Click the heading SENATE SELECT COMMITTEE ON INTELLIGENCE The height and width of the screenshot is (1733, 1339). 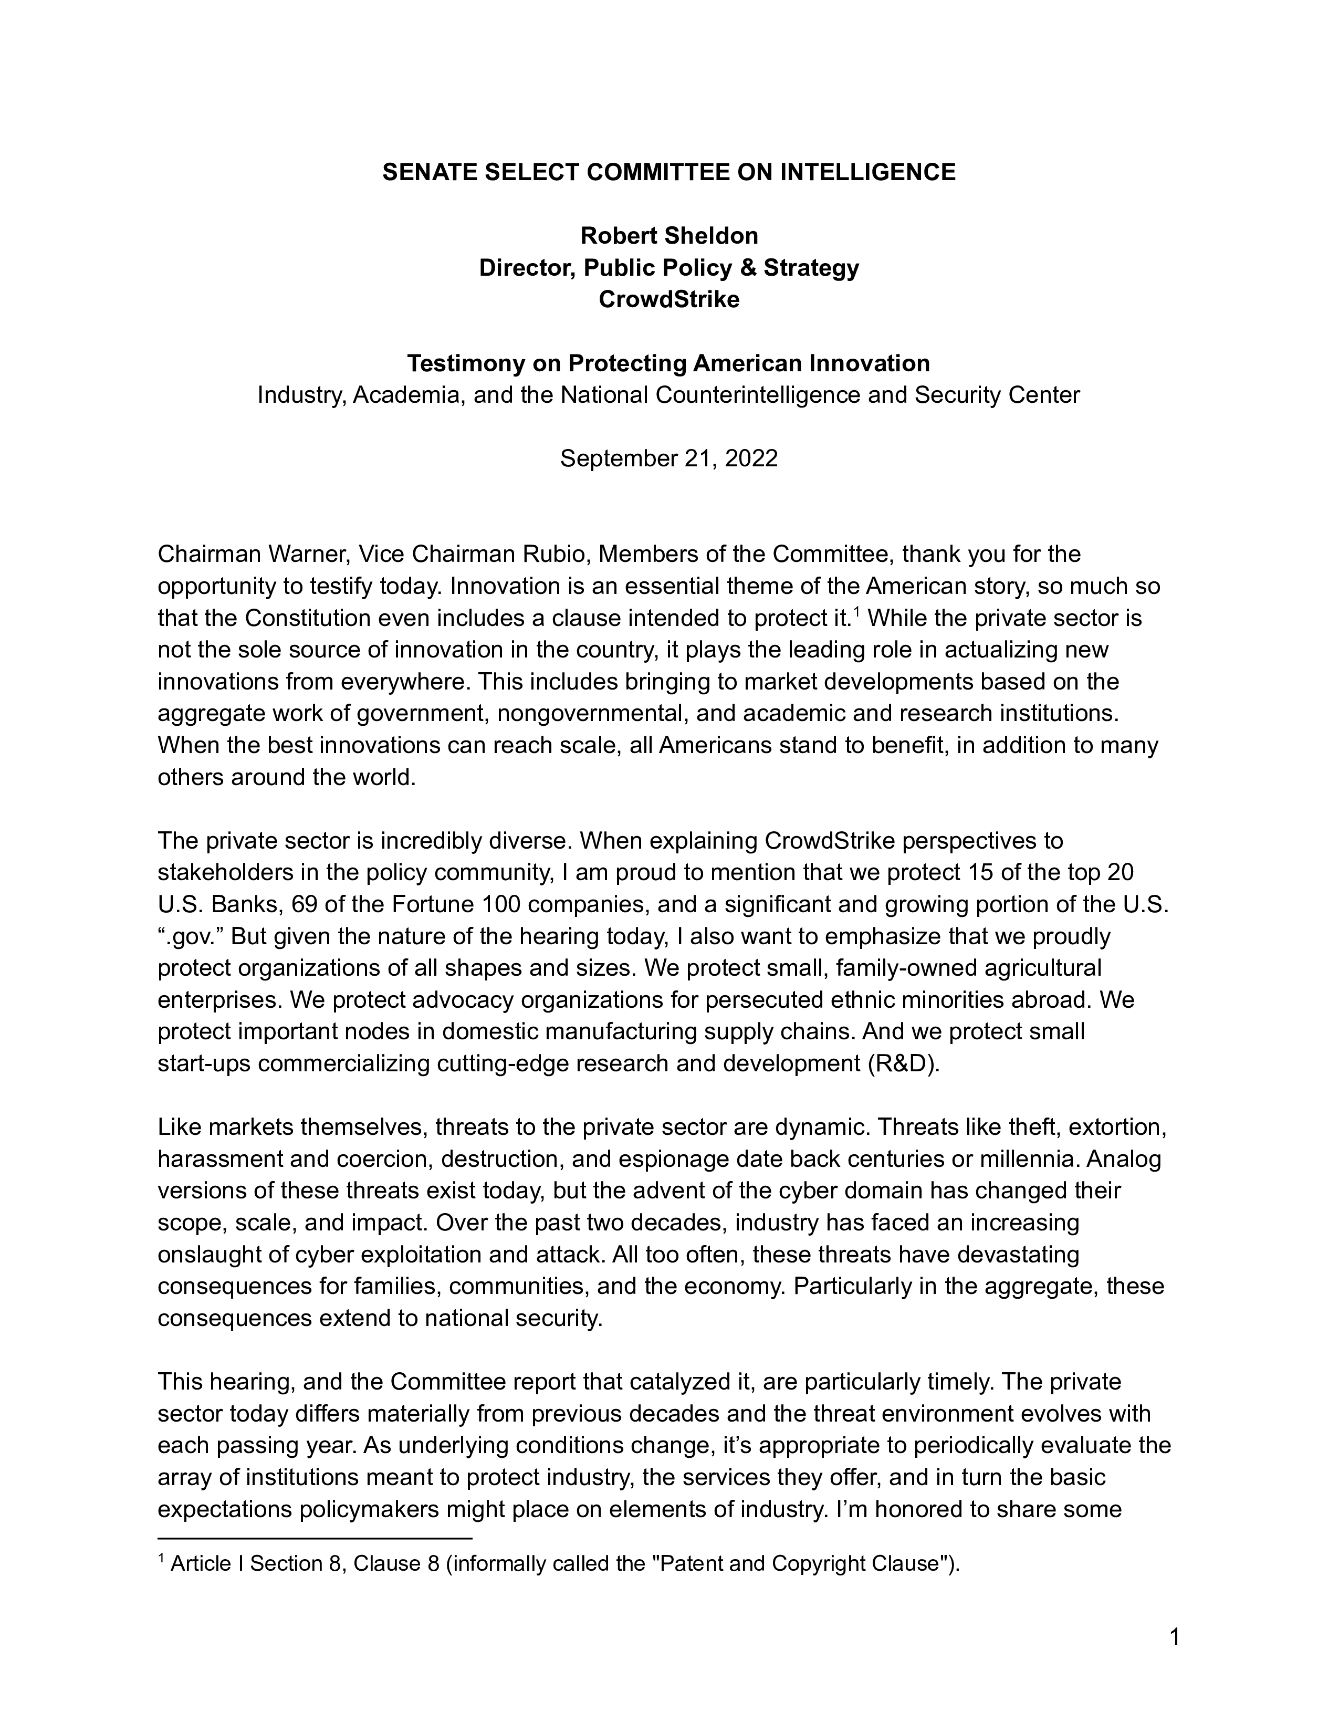click(668, 172)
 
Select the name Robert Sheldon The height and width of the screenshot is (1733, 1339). click(668, 236)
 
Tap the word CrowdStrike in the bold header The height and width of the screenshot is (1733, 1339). click(668, 299)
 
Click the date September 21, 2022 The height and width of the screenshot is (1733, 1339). click(668, 458)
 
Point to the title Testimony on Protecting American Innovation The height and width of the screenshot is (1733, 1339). click(668, 363)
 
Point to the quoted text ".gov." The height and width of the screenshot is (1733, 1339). click(191, 936)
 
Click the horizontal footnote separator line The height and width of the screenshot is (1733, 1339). click(315, 1539)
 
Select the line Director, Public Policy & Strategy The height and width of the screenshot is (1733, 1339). click(668, 267)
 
